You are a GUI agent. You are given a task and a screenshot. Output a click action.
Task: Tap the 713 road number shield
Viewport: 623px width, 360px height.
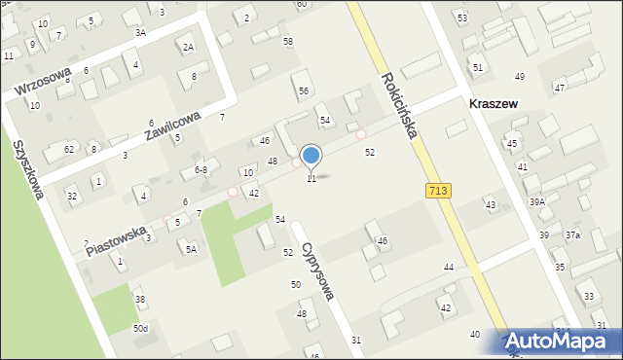437,191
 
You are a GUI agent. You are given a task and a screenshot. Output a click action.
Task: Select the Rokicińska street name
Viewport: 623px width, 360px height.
400,105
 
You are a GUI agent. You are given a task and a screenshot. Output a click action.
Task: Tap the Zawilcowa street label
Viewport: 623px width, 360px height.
173,126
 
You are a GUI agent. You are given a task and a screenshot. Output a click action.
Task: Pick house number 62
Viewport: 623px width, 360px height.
68,149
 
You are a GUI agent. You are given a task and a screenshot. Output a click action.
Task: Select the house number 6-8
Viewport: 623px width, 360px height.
201,169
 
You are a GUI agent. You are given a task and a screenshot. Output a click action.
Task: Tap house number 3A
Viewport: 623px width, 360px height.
140,32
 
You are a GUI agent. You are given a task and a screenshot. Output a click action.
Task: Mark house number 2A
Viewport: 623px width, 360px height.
188,47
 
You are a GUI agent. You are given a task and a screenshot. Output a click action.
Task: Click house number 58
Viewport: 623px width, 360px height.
287,41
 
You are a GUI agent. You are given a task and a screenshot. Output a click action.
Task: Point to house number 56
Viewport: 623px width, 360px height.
304,90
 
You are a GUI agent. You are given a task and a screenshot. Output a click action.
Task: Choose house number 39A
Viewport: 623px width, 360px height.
536,201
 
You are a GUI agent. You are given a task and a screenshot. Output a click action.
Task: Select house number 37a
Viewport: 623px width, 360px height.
572,234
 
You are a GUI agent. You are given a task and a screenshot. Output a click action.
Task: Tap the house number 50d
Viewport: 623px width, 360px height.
141,329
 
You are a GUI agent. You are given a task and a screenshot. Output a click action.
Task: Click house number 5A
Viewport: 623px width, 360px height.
192,249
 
